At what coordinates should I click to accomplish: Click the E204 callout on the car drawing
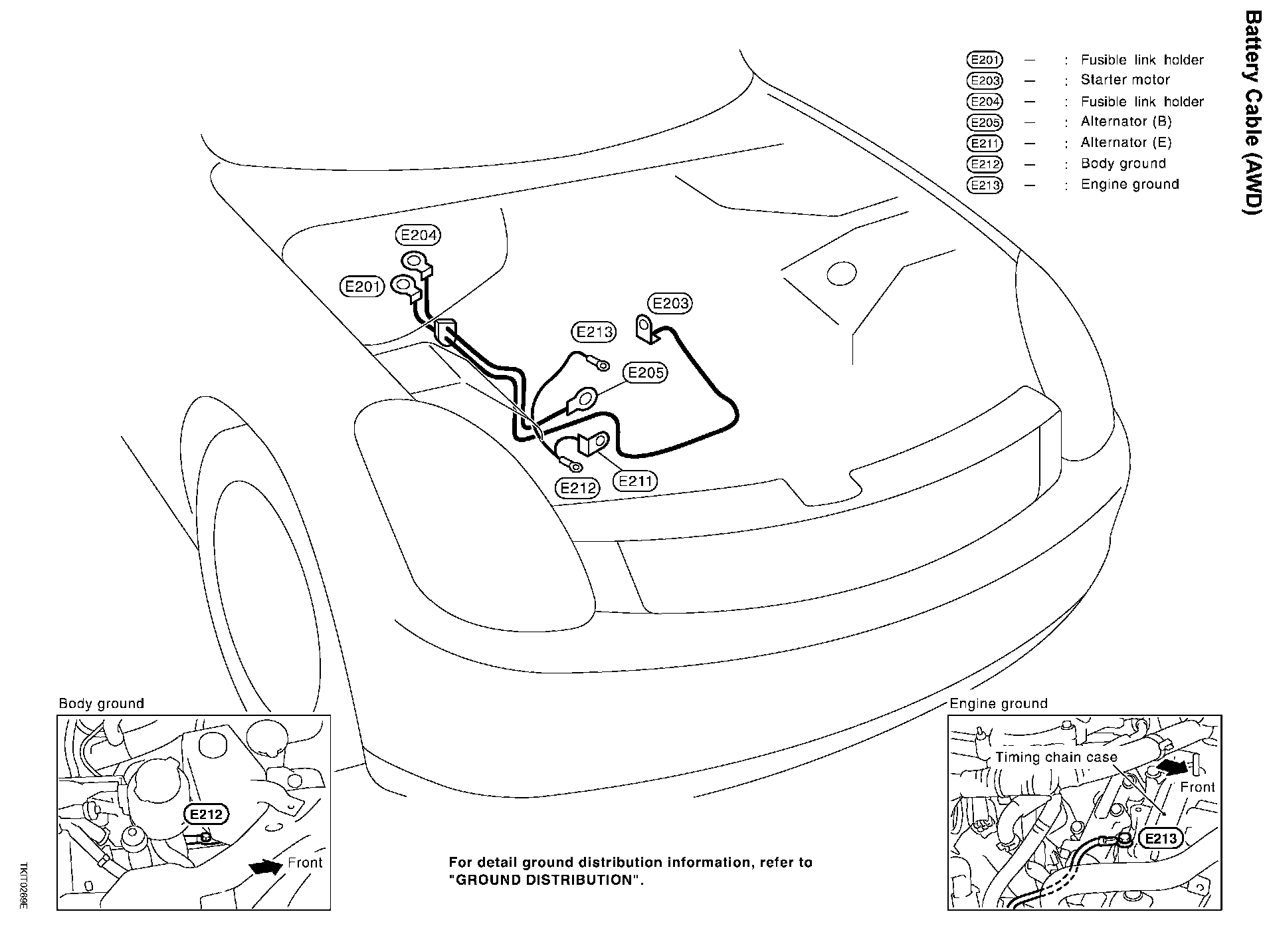point(419,235)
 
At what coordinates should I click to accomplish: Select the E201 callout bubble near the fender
point(362,287)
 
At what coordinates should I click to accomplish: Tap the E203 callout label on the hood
point(670,304)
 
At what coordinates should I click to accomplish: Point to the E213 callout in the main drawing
point(594,332)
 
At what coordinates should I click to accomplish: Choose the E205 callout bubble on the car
point(646,372)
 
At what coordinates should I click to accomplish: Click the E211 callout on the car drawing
point(635,480)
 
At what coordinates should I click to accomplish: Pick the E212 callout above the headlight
point(578,489)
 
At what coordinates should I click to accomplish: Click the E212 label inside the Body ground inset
point(206,814)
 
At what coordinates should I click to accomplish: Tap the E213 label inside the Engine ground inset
point(1161,838)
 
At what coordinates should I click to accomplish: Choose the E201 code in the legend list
point(985,60)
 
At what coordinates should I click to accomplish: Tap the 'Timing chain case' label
point(1056,757)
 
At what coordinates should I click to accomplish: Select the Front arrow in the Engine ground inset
point(1172,767)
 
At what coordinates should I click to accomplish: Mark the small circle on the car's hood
point(841,273)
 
